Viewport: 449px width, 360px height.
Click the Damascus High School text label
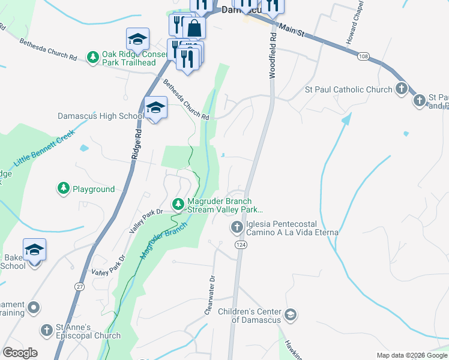(100, 116)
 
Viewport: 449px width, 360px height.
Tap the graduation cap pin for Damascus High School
(155, 108)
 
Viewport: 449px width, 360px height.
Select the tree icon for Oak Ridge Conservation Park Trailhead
(93, 57)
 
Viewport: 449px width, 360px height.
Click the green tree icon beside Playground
(64, 189)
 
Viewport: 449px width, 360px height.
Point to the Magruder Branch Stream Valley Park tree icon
(178, 205)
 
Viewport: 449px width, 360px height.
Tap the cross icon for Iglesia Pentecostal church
(237, 227)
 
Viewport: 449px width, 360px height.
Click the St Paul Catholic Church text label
(348, 89)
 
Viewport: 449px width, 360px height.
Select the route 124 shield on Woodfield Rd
(241, 244)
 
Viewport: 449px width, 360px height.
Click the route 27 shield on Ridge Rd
(80, 287)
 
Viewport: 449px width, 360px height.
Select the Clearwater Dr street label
(210, 295)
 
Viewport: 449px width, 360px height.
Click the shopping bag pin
(194, 27)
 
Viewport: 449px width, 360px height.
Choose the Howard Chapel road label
(355, 22)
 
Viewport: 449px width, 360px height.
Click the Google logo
(20, 353)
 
